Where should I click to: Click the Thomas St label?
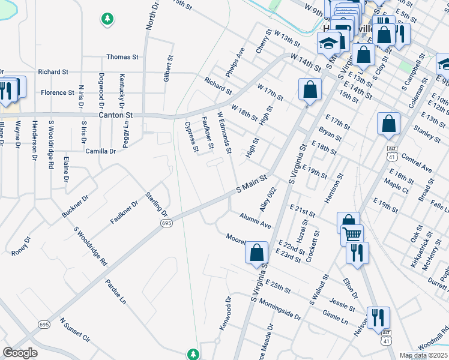122,57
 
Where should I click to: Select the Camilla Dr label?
100,151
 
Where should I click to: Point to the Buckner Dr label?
75,206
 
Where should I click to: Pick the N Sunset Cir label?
74,331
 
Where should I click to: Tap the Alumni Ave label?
256,221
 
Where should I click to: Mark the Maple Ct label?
396,184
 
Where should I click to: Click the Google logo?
20,353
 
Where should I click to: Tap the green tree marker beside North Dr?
107,19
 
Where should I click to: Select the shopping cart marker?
352,233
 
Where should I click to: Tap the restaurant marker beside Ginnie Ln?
379,316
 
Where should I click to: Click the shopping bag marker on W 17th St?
309,90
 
